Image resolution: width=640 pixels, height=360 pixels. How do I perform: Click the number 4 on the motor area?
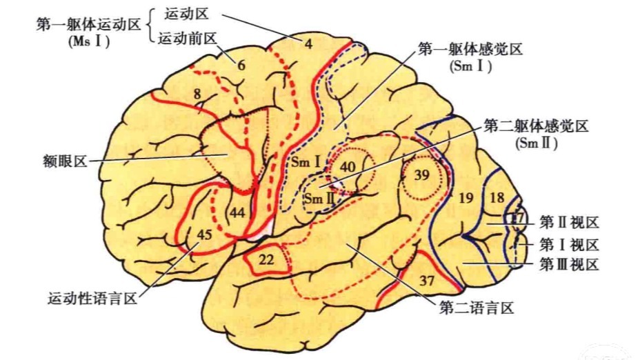[308, 43]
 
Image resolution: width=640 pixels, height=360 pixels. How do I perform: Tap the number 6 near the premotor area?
[241, 65]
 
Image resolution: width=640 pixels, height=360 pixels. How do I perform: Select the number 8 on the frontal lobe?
[197, 94]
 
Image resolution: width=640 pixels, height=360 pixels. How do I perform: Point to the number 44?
[237, 212]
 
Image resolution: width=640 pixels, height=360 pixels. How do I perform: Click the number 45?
[204, 234]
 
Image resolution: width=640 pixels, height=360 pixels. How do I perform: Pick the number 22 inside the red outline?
[266, 259]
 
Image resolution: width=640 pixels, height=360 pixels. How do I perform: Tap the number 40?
[348, 166]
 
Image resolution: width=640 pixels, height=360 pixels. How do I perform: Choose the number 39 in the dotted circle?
[421, 174]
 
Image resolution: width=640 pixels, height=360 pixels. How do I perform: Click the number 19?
[466, 198]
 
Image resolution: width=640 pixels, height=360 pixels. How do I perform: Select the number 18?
[497, 197]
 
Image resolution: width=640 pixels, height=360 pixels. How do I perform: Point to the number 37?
[427, 281]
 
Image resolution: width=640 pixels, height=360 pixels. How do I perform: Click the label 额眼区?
[66, 161]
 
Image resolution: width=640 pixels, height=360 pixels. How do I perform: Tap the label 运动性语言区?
[92, 299]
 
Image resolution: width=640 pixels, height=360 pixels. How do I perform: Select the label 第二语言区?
[477, 307]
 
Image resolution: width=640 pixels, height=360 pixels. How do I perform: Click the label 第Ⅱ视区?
[569, 223]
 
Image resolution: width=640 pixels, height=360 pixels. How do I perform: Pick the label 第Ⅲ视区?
[569, 265]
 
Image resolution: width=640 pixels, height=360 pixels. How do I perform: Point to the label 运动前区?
[188, 39]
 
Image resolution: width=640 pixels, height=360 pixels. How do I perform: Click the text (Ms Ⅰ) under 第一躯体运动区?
[90, 41]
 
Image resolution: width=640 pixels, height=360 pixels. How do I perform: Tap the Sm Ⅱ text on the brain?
[319, 199]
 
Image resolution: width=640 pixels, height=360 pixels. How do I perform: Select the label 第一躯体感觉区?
[470, 50]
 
